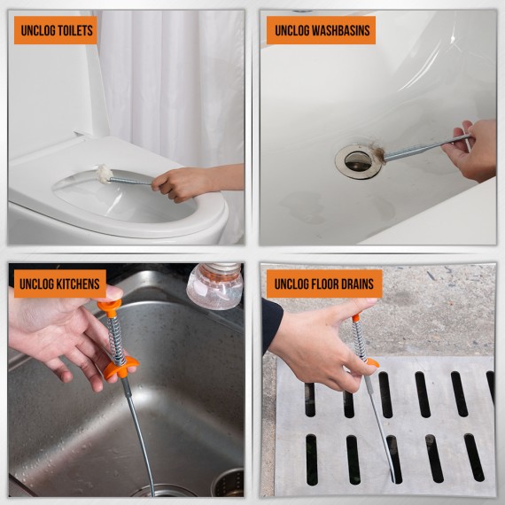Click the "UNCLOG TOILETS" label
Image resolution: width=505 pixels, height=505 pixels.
(x=55, y=30)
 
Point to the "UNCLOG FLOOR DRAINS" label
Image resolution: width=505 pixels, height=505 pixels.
(x=324, y=284)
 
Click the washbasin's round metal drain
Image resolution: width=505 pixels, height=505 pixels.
(x=358, y=160)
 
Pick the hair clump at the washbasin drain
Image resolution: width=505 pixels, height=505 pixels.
(x=378, y=156)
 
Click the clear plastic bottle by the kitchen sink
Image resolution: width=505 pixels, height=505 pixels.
(x=214, y=285)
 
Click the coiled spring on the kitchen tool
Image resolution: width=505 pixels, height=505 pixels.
(x=115, y=337)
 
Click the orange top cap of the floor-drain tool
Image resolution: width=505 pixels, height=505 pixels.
(x=355, y=315)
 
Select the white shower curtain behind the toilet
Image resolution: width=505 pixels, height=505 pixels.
(x=168, y=80)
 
